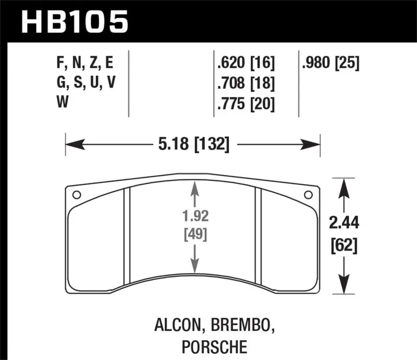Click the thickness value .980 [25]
coord(330,64)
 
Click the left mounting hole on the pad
coord(77,195)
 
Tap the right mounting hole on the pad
coord(308,195)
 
